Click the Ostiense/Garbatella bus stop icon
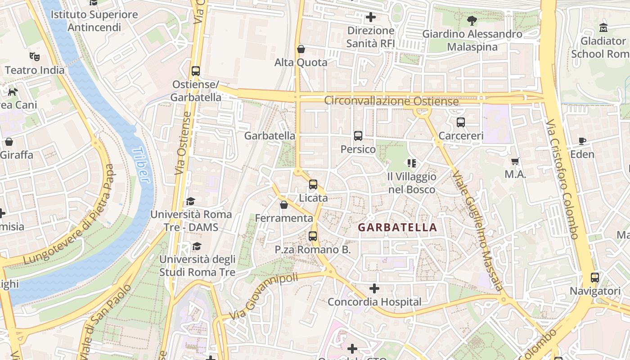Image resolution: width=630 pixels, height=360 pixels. click(x=195, y=71)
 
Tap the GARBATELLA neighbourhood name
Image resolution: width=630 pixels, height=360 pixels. click(x=397, y=227)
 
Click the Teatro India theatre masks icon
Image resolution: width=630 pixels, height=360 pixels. click(x=35, y=56)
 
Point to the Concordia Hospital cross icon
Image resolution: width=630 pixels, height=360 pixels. click(x=374, y=288)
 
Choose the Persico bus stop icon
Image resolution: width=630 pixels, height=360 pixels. click(x=358, y=135)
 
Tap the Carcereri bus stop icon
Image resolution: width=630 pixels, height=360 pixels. click(x=460, y=122)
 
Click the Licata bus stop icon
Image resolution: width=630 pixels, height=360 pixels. click(x=313, y=184)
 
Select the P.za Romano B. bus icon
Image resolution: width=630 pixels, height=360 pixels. click(x=313, y=236)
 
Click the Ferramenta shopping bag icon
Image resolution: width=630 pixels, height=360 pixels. click(x=283, y=205)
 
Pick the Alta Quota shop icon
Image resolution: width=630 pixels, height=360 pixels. click(x=301, y=49)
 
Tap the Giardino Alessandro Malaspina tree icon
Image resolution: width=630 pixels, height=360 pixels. click(x=472, y=20)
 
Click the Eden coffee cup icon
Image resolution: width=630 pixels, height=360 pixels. click(x=582, y=141)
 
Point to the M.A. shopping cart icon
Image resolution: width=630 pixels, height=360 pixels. click(x=515, y=161)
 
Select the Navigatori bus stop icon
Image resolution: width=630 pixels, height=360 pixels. click(x=595, y=277)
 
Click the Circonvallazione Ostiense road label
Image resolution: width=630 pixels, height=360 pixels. click(x=391, y=101)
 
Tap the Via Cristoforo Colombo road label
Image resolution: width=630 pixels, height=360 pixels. click(x=562, y=179)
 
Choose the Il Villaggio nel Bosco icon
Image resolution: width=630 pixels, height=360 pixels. click(x=411, y=163)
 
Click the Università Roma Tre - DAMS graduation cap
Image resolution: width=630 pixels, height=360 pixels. click(x=191, y=201)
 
